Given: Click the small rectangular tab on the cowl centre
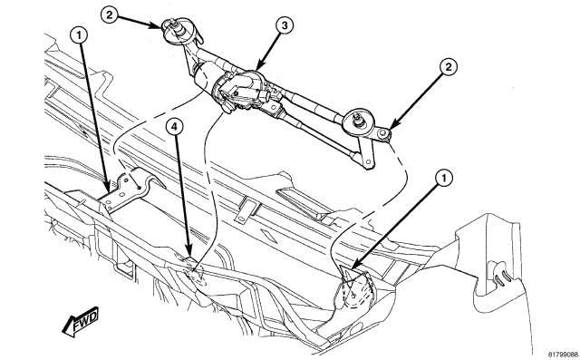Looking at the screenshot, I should [242, 216].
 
